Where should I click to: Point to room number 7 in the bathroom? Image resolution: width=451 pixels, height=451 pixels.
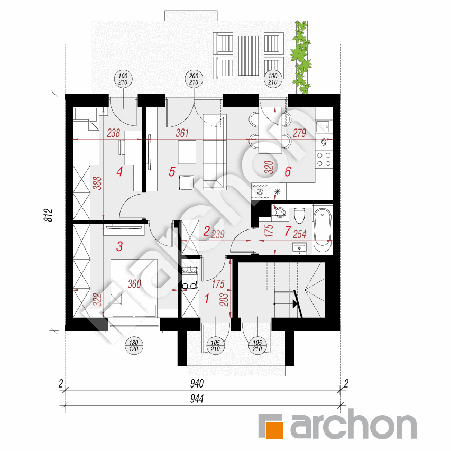coord(288,231)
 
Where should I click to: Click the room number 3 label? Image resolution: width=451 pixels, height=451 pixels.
coord(120,246)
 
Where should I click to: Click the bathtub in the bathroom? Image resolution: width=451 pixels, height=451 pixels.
coord(322,231)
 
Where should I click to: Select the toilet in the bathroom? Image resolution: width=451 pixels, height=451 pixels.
coord(300,215)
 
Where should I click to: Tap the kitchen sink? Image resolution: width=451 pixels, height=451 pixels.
coord(323,126)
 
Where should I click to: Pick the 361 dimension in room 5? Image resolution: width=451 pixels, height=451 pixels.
coord(182,133)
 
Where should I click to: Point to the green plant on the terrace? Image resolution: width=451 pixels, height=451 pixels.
coord(302,56)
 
